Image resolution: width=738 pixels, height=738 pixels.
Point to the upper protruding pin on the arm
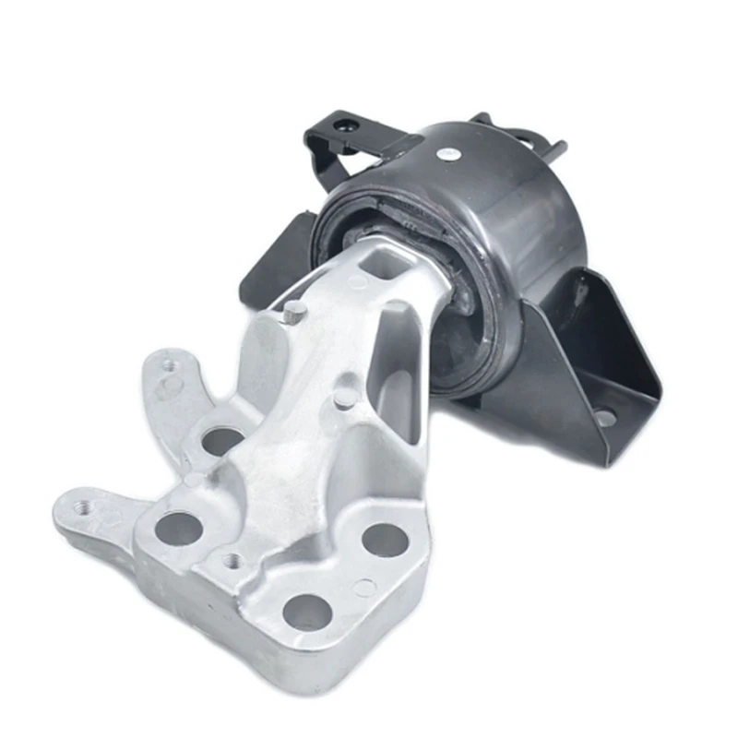click(x=293, y=312)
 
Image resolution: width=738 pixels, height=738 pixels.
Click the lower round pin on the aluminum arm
click(x=344, y=397)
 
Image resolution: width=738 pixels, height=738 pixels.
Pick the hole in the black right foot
click(x=606, y=418)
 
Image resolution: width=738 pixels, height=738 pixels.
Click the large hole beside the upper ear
click(x=221, y=440)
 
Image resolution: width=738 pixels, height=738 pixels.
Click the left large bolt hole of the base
click(x=178, y=528)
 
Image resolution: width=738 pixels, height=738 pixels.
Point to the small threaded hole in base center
click(x=232, y=560)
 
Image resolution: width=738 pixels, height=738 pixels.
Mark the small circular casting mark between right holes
click(x=365, y=587)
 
